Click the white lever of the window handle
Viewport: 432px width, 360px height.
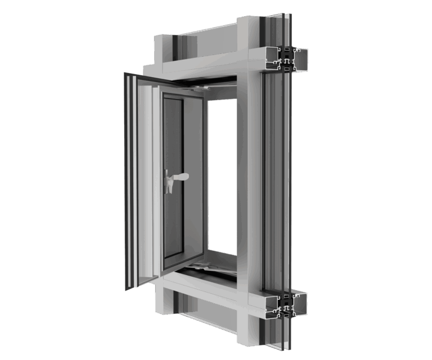(181, 177)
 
